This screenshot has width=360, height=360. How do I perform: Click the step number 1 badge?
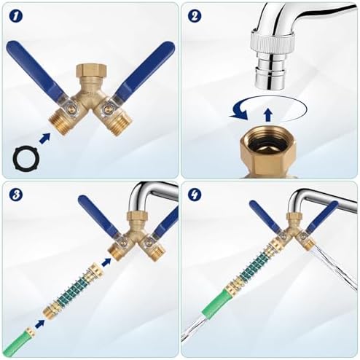tap(16, 16)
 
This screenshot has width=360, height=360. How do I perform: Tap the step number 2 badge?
tap(195, 16)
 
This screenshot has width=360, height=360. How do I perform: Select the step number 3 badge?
tap(16, 195)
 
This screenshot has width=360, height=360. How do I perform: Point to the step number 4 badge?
tap(195, 195)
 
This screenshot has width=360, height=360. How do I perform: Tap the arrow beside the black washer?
tap(44, 138)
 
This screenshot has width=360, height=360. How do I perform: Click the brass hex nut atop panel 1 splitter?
tap(91, 71)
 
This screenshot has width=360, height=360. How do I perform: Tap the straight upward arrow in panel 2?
tap(268, 114)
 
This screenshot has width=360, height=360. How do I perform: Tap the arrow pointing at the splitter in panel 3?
tap(106, 262)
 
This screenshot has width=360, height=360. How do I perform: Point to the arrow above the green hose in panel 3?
tap(40, 324)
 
